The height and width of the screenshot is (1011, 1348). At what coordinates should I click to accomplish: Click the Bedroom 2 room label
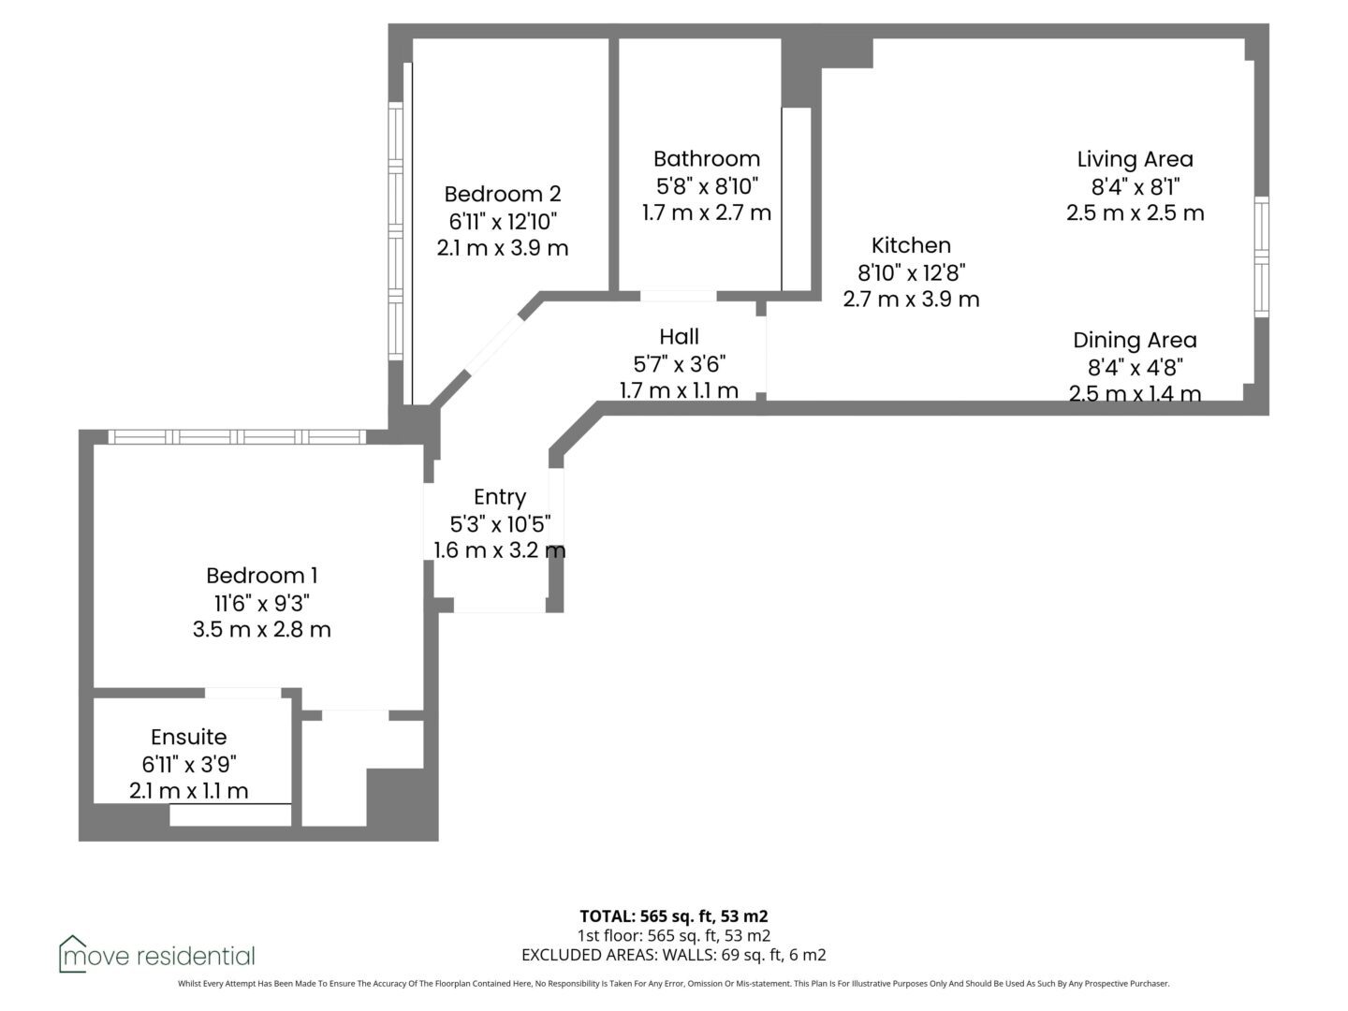[503, 194]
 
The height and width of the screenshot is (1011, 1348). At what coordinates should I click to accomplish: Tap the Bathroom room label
[706, 159]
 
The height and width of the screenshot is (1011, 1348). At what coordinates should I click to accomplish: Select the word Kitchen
[911, 245]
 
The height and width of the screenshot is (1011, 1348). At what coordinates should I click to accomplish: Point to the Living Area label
[1135, 159]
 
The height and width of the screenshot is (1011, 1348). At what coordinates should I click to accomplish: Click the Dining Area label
[1135, 341]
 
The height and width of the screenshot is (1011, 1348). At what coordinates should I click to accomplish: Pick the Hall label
[679, 336]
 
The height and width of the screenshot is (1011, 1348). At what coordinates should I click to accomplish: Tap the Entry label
[500, 497]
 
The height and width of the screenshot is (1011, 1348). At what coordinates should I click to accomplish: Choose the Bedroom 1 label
[261, 576]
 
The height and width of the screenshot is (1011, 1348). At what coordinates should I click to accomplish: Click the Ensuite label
[189, 737]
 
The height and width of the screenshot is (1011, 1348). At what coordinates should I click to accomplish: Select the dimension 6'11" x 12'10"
[503, 221]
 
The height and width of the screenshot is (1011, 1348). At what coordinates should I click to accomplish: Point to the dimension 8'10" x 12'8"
[912, 272]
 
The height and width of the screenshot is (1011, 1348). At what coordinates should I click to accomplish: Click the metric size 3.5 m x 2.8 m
[261, 630]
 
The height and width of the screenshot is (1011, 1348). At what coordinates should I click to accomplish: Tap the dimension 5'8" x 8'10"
[707, 185]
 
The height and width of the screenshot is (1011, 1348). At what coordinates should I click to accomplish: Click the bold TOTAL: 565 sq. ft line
[674, 916]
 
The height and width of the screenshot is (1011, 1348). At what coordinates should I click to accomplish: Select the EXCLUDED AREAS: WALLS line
[674, 955]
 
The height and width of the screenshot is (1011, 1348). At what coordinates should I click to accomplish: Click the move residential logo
[156, 955]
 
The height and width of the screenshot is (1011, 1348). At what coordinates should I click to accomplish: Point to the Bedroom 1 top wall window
[237, 437]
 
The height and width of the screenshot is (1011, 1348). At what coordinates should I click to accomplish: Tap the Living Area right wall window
[1261, 256]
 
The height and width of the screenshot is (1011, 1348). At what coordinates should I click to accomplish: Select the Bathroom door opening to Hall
[678, 296]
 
